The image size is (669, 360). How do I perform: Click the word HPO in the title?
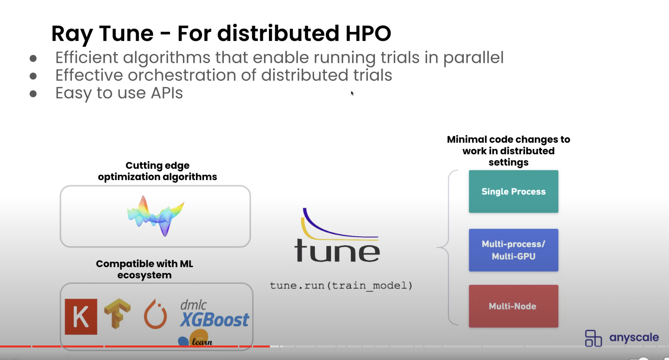(x=368, y=33)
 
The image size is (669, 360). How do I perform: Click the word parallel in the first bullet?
(x=473, y=58)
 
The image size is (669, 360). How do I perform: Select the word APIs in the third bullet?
(x=167, y=93)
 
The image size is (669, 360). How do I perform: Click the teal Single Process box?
(x=513, y=191)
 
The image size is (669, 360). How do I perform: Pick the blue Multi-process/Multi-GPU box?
(x=513, y=250)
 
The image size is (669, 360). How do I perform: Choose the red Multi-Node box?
(x=513, y=306)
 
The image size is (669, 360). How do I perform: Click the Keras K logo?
(x=81, y=316)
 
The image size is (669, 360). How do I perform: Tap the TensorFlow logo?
(x=117, y=313)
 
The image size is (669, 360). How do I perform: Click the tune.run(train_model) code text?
(x=341, y=285)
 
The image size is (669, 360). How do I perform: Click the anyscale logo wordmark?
(x=634, y=338)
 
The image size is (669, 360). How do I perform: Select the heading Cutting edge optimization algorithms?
(x=158, y=171)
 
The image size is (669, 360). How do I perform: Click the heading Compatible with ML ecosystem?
(x=144, y=269)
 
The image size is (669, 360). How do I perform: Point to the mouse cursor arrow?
(x=352, y=93)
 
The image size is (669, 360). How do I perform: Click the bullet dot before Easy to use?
(x=33, y=94)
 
